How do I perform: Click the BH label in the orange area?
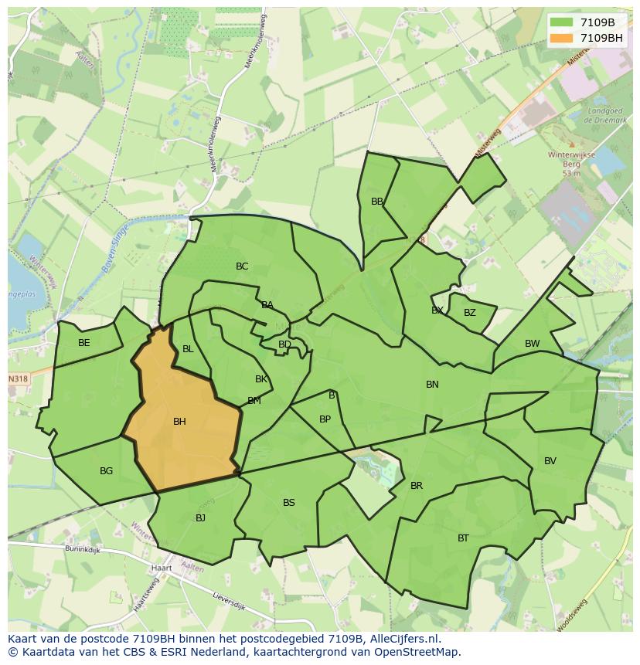pos(179,422)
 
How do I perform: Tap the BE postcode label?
pos(84,343)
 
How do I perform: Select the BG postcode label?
pos(106,471)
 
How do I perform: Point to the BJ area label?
pos(200,518)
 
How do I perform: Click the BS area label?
pos(288,503)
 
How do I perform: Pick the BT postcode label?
pos(463,538)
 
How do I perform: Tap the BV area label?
pos(550,461)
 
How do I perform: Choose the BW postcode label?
pos(532,344)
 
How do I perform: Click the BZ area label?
pos(469,313)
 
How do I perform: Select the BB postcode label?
pos(377,202)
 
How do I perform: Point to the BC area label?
pos(242,266)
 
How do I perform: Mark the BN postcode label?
pos(432,385)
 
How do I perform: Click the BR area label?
pos(417,486)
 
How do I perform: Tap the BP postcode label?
pos(325,419)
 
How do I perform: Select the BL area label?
pos(188,349)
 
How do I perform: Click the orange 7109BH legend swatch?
pos(562,38)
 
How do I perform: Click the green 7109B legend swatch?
pos(562,22)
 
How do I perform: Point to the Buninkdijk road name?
pos(83,551)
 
